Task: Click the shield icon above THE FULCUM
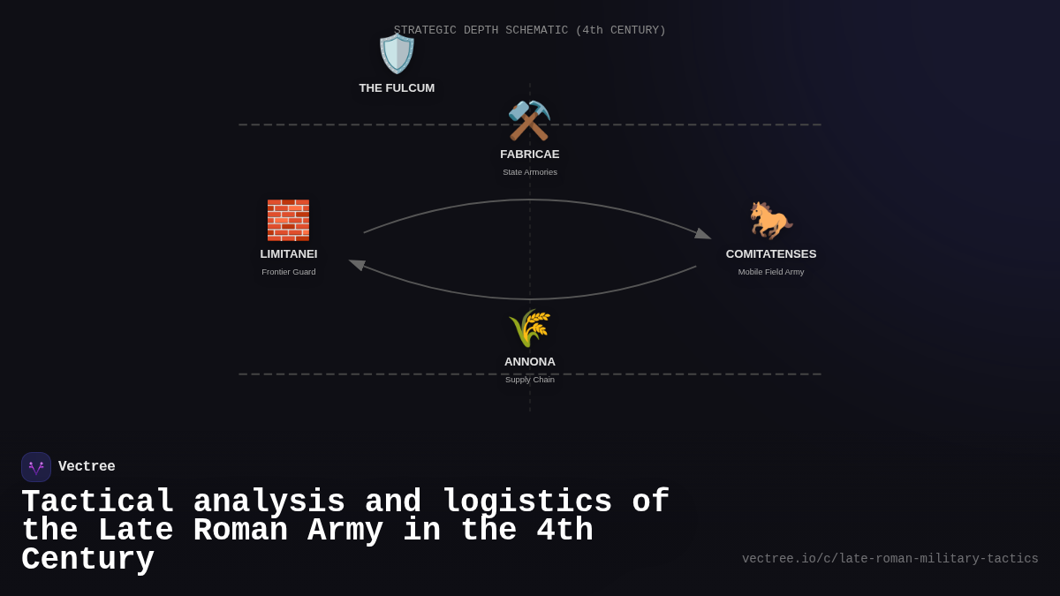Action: click(x=397, y=54)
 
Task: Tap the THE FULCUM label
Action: click(x=397, y=88)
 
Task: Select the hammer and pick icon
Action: click(x=529, y=120)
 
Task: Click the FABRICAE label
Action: click(x=530, y=155)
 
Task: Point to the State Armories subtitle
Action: click(x=530, y=172)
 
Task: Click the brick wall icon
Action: click(x=288, y=220)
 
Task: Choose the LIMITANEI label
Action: click(x=289, y=254)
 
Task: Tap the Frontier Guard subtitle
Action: click(x=289, y=272)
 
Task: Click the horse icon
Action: click(x=770, y=220)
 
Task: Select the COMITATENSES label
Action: click(x=771, y=254)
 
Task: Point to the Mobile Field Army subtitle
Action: click(x=771, y=272)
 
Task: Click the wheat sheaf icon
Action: click(x=529, y=328)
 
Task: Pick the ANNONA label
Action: click(x=530, y=362)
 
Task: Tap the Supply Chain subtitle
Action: click(x=530, y=380)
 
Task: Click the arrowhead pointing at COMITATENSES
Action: click(x=703, y=234)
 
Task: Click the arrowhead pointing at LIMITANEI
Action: click(x=357, y=264)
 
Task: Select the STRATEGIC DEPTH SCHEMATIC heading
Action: click(x=530, y=30)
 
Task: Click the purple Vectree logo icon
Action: click(x=36, y=467)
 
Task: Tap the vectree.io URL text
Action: click(x=890, y=559)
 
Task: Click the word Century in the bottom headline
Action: click(x=87, y=560)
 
